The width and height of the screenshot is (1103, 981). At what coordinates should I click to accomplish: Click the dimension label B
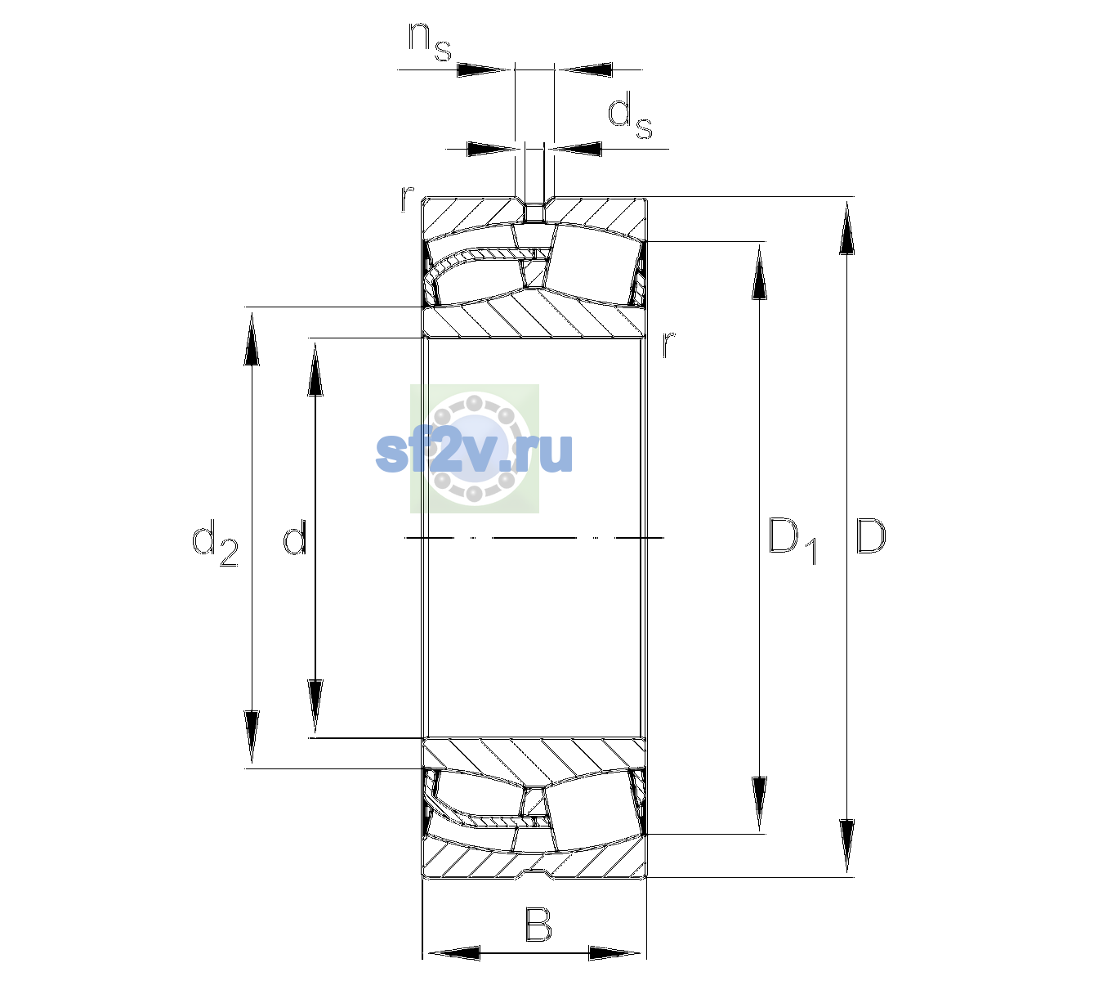tap(538, 924)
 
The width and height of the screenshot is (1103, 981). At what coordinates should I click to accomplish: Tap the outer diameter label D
tap(870, 536)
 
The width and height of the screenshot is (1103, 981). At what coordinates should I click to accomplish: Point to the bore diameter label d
tap(294, 537)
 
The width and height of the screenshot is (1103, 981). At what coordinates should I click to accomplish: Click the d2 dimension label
tap(215, 542)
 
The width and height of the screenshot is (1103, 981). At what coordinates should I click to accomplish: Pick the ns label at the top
tap(430, 43)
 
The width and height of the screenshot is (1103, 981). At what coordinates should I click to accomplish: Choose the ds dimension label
tap(629, 115)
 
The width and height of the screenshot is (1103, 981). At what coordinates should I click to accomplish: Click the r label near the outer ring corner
tap(407, 199)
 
